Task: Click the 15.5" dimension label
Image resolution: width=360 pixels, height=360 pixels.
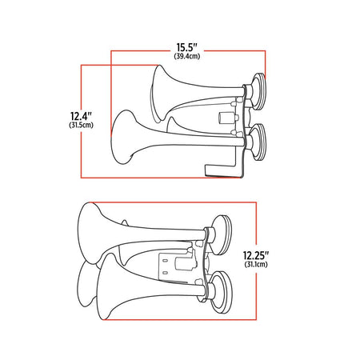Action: (x=187, y=47)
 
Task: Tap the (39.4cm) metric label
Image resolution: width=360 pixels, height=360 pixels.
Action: (x=187, y=56)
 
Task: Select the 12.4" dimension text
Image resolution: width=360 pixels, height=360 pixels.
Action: (x=81, y=116)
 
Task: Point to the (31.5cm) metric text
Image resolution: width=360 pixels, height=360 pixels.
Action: (x=81, y=125)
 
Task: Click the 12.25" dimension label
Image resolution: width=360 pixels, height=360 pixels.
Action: (x=255, y=255)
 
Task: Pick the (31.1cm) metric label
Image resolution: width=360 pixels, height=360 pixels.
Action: (x=256, y=264)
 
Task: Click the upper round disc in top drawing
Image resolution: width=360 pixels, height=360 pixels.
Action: (x=258, y=91)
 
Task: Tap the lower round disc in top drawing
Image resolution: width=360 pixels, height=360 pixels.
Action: (x=258, y=142)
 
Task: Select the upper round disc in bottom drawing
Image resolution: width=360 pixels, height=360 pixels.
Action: (x=222, y=234)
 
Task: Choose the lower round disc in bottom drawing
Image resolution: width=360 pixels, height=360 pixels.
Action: (x=222, y=292)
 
